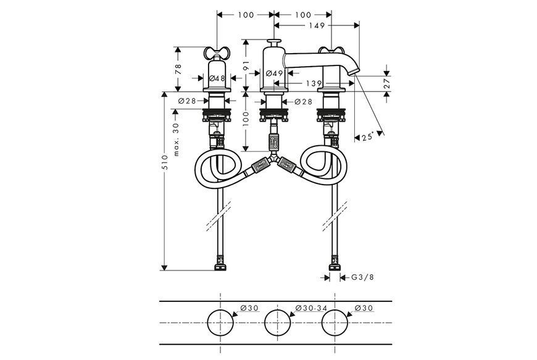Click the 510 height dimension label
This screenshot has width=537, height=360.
(165, 162)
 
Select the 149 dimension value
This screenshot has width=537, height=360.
(317, 25)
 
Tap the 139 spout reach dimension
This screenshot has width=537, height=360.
(314, 83)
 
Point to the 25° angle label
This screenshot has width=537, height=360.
(368, 136)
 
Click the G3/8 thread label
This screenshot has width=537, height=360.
(363, 277)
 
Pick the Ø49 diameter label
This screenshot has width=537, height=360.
(275, 73)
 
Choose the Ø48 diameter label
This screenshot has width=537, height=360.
(217, 78)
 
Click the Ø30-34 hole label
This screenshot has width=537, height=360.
(311, 308)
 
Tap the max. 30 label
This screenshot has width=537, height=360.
(177, 140)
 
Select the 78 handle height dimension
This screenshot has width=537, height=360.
(178, 69)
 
